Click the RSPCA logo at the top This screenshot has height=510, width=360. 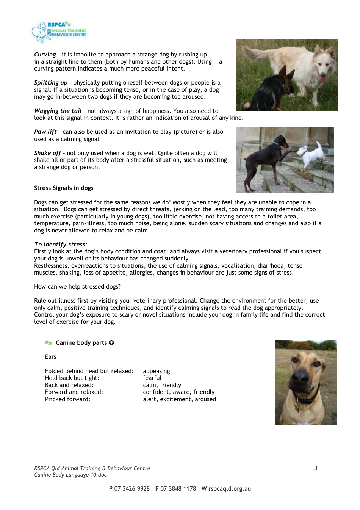[59, 31]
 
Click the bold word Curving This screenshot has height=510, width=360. [45, 55]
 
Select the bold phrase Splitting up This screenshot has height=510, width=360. [50, 83]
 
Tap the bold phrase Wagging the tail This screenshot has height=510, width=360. [58, 111]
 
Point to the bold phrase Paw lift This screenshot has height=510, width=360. [45, 132]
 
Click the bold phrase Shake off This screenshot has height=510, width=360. [47, 153]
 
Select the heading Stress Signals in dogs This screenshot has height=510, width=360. [64, 188]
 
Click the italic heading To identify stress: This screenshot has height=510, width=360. [61, 245]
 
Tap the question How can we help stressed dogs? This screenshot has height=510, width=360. [77, 287]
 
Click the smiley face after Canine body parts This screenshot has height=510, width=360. [111, 343]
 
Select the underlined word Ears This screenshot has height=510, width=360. [50, 357]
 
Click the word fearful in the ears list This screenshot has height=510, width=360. [152, 378]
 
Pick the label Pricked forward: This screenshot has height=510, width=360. [67, 399]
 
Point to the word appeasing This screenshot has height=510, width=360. [156, 371]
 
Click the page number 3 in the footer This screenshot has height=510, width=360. [316, 468]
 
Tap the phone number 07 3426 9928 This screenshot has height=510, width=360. [132, 489]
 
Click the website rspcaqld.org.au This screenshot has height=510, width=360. [230, 489]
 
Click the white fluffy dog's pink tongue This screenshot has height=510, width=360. [322, 79]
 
